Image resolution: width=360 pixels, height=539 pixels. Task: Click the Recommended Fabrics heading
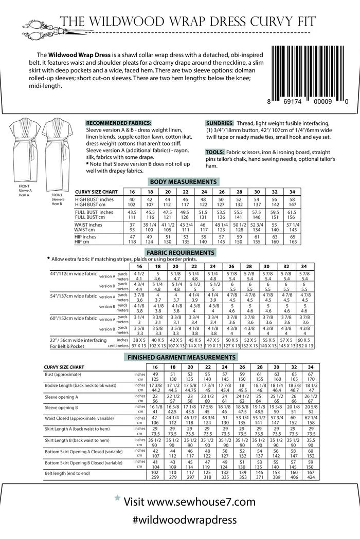point(118,123)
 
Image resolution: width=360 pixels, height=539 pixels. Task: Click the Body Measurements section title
point(183,182)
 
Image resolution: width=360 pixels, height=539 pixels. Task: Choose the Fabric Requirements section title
point(180,253)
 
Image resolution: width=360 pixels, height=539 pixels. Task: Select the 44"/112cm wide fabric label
point(74,274)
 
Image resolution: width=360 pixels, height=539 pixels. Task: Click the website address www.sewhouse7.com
point(196,501)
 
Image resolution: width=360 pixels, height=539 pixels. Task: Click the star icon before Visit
point(117,498)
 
